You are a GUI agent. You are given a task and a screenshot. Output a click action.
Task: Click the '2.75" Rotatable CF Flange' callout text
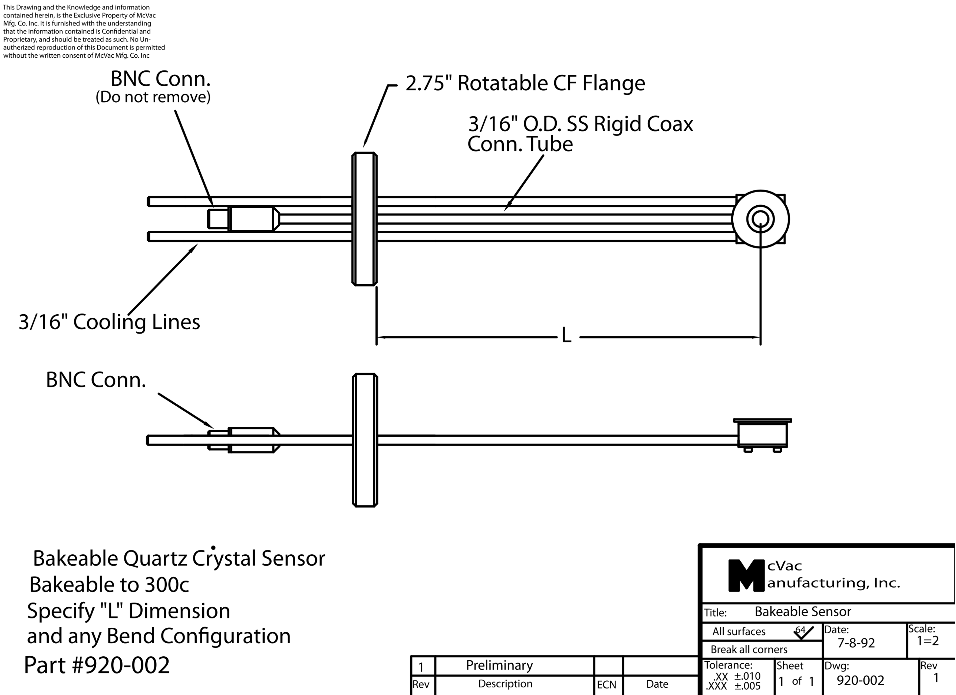point(525,83)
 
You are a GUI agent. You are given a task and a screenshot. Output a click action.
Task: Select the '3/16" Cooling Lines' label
point(109,322)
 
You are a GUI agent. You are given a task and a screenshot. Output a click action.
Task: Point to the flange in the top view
point(364,219)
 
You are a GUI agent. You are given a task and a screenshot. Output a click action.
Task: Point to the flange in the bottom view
point(365,440)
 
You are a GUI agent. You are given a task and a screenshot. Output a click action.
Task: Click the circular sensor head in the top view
point(760,219)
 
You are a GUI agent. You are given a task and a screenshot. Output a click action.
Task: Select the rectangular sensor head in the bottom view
point(762,434)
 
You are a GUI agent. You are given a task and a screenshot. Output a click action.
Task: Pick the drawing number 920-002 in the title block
point(860,680)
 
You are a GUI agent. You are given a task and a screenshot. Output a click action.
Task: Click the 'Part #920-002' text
point(97,665)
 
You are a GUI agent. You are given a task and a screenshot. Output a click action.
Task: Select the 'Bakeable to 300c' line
point(109,585)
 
